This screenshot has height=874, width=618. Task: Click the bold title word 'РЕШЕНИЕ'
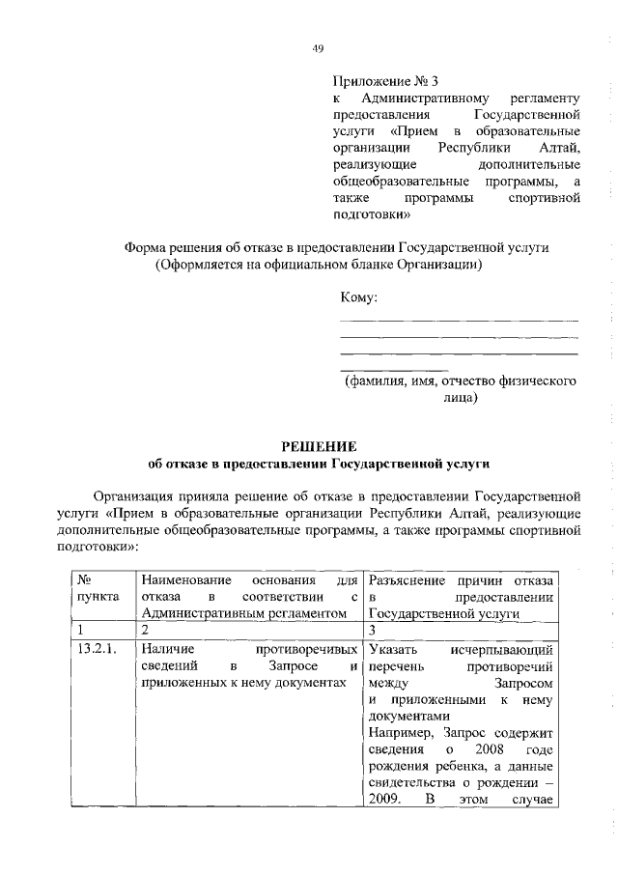click(319, 446)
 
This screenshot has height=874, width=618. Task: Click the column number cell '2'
click(144, 629)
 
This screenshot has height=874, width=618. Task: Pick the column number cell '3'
click(372, 629)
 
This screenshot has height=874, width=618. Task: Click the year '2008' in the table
click(484, 749)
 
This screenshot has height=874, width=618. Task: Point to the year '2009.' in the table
click(385, 802)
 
